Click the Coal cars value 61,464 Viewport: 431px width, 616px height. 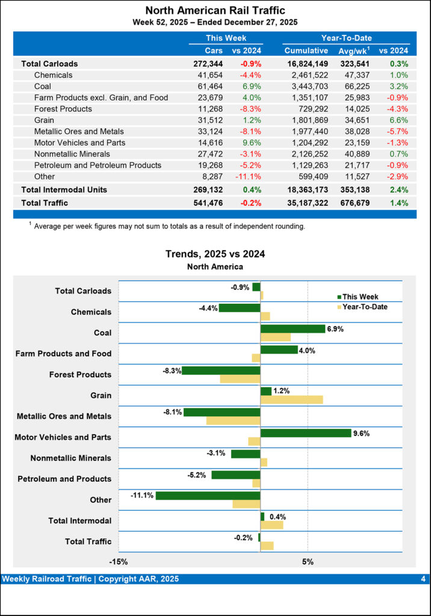209,87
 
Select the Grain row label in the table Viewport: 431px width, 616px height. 45,120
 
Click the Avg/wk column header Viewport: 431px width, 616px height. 353,51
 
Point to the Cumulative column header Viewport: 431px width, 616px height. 306,51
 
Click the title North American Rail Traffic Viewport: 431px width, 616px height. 215,10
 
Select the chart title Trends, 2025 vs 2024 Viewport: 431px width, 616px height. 215,254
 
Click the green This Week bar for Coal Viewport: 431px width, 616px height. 293,328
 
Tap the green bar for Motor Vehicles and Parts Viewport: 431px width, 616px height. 305,433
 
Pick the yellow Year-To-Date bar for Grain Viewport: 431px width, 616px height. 291,399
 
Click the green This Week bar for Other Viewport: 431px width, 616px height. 208,496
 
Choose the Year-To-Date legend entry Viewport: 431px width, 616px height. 364,307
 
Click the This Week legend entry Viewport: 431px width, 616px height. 360,297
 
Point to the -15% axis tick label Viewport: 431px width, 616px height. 118,562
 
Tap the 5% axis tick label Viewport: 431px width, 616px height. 308,562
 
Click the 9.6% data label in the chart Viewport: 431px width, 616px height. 361,433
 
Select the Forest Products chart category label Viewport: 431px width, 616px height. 80,375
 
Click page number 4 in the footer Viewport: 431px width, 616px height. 423,579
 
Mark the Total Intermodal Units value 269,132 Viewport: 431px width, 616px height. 206,189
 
